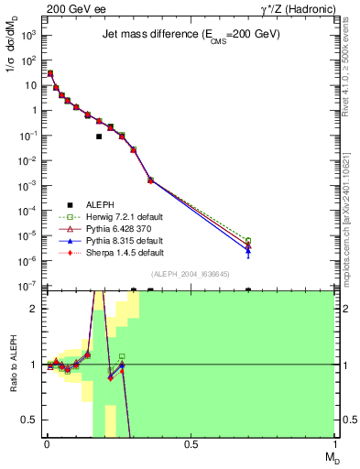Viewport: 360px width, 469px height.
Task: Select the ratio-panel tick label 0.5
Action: click(29, 420)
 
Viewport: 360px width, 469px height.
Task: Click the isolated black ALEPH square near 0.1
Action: click(99, 136)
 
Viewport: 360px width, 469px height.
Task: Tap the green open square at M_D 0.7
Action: click(248, 241)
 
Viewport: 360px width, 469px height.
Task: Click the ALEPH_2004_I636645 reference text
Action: click(190, 274)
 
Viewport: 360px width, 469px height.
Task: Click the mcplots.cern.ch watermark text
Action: click(352, 229)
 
